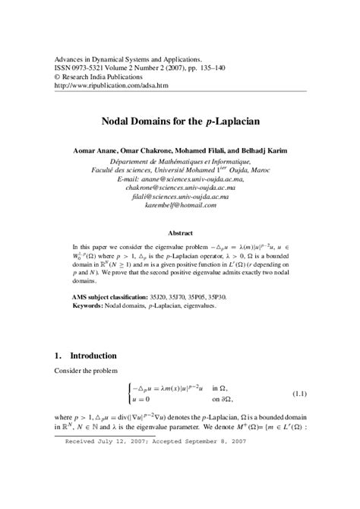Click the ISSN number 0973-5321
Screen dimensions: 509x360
coord(89,67)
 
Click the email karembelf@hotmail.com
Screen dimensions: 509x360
coord(180,205)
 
